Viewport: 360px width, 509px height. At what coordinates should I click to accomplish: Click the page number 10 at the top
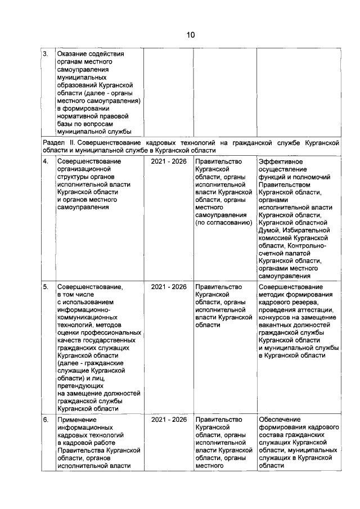click(191, 35)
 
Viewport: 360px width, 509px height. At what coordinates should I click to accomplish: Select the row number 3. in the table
click(46, 54)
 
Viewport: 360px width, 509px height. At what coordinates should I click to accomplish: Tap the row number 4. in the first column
click(46, 161)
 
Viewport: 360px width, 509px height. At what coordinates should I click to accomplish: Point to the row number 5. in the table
click(46, 286)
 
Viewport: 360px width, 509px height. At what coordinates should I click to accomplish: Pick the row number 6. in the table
click(46, 420)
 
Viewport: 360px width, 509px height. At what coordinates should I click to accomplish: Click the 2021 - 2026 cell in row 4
click(169, 161)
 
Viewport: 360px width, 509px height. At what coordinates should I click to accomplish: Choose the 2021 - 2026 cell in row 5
click(169, 286)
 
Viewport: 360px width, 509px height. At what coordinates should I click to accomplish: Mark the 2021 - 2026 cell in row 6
click(169, 420)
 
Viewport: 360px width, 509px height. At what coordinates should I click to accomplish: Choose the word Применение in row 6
click(78, 420)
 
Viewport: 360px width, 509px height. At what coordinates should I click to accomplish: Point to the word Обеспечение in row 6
click(280, 420)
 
